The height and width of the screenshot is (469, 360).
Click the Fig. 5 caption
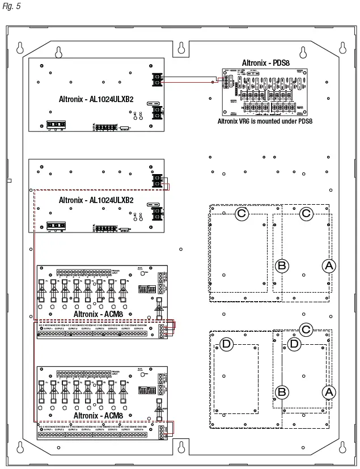pyautogui.click(x=10, y=6)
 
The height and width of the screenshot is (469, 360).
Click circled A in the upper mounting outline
pyautogui.click(x=328, y=265)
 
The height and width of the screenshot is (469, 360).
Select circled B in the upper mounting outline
pyautogui.click(x=282, y=265)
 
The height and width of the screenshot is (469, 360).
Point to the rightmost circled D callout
pyautogui.click(x=294, y=343)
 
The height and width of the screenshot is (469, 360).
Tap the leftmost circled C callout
pyautogui.click(x=242, y=213)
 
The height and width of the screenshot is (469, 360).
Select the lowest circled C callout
pyautogui.click(x=306, y=329)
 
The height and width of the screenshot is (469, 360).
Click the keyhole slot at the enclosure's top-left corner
pyautogui.click(x=20, y=47)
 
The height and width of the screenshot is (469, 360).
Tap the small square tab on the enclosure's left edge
pyautogui.click(x=9, y=181)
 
